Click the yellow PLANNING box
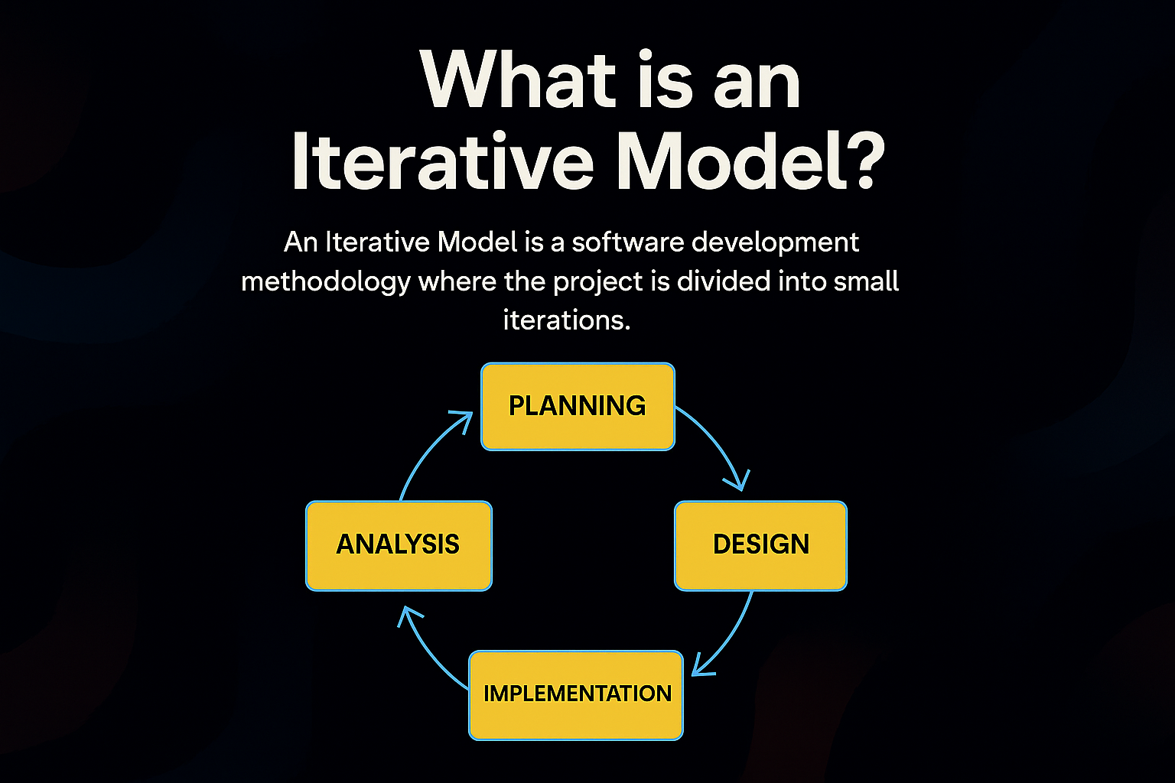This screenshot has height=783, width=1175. [578, 407]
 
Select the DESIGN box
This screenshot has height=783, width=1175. [760, 545]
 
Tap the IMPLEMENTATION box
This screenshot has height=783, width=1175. [576, 695]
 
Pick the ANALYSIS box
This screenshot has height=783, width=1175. [399, 545]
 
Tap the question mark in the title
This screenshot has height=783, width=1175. [867, 160]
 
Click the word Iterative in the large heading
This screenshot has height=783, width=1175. [443, 160]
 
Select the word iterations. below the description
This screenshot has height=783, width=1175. [567, 320]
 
